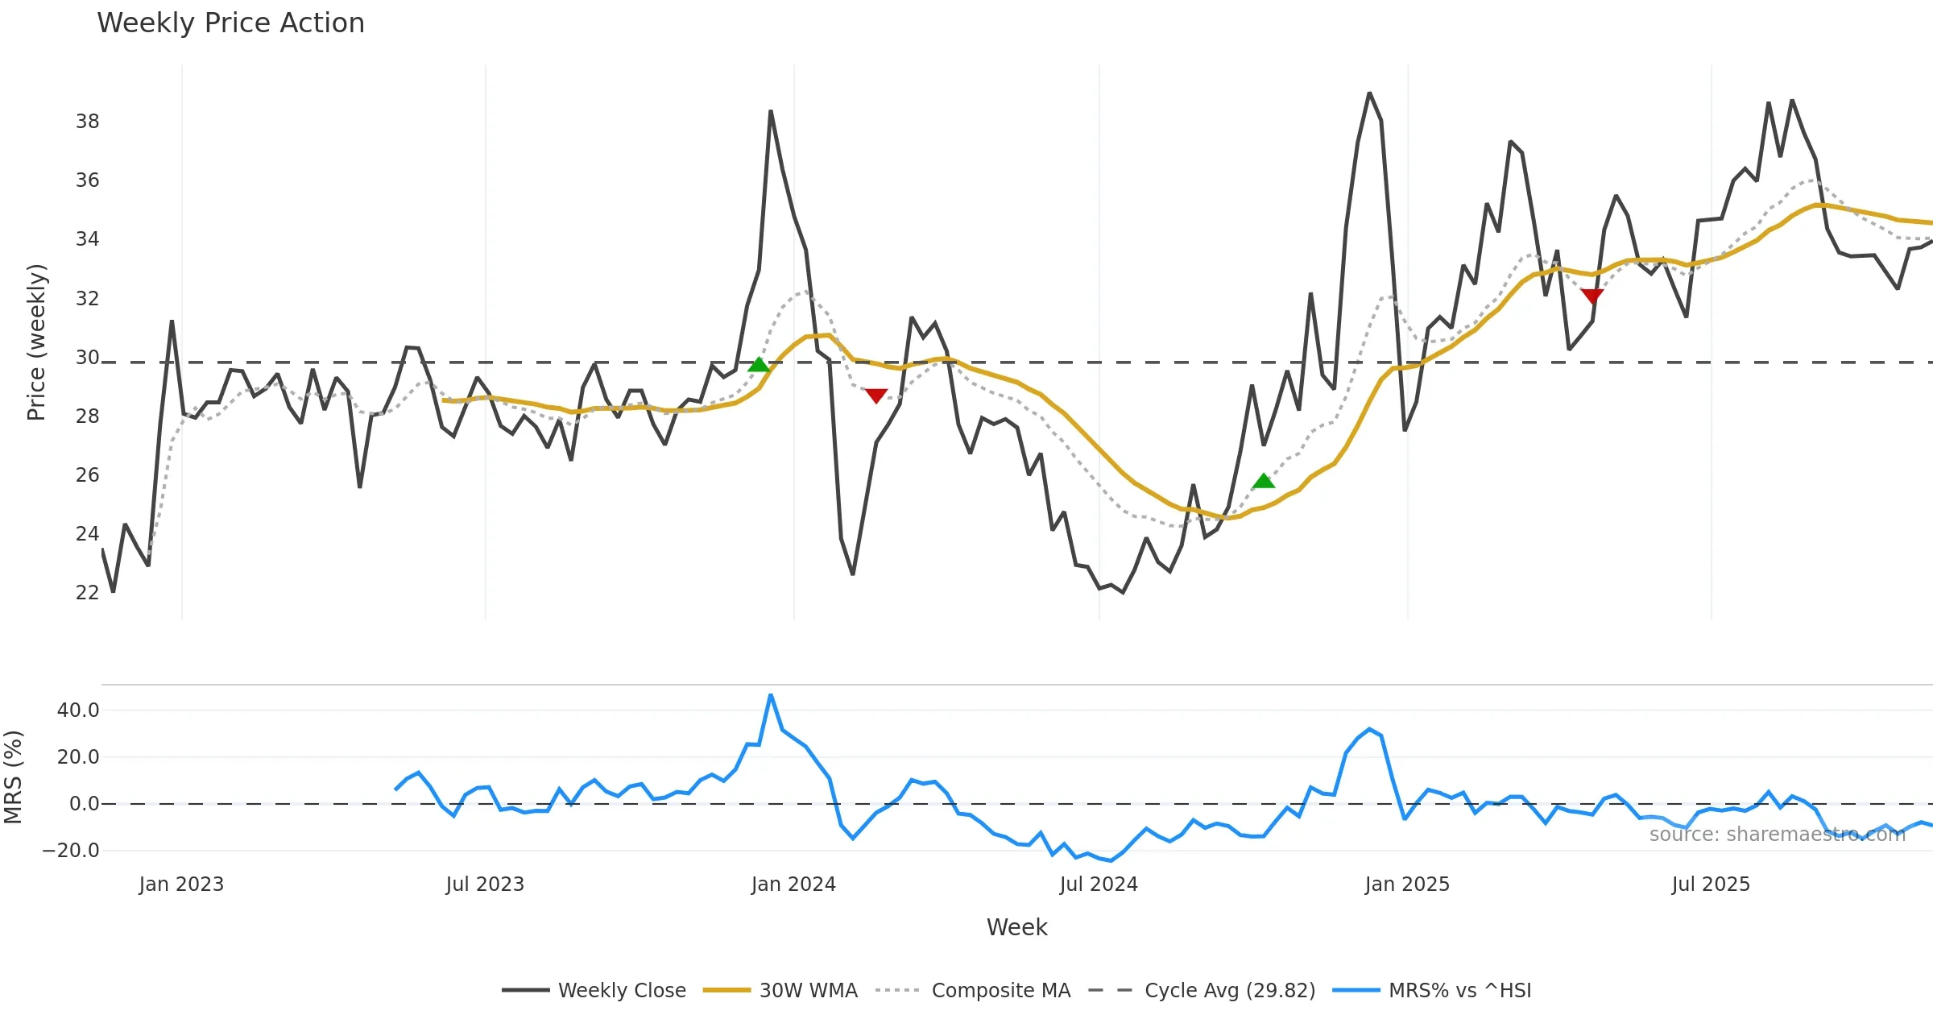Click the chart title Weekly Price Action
[x=230, y=23]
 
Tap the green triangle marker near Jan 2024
[x=759, y=365]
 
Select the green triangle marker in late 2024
[x=1264, y=481]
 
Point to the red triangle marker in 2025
[x=1592, y=296]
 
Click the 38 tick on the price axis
[x=88, y=122]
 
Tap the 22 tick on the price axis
[x=88, y=593]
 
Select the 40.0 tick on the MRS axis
[x=78, y=710]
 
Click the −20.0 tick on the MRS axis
[x=71, y=851]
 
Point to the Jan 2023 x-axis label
[x=181, y=884]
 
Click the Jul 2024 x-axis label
[x=1099, y=884]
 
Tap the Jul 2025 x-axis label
[x=1711, y=884]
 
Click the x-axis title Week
[x=1016, y=928]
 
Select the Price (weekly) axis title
[x=37, y=342]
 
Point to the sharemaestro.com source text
[x=1777, y=835]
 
